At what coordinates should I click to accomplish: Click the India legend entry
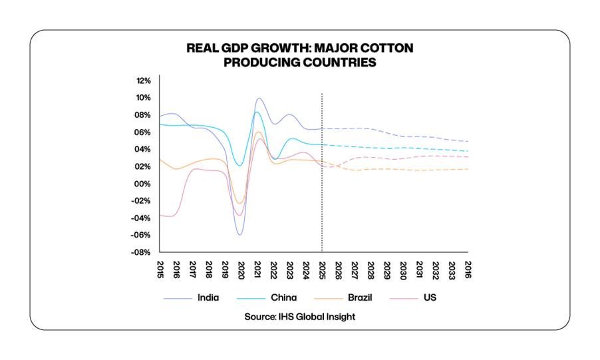(x=208, y=298)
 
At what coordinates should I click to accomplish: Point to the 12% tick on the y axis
(x=144, y=81)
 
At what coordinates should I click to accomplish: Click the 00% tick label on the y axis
(x=143, y=184)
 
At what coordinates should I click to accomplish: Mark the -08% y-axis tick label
(x=142, y=253)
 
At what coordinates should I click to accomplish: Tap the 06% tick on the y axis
(x=144, y=132)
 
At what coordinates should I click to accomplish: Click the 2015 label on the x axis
(x=160, y=270)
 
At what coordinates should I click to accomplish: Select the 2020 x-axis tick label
(x=241, y=270)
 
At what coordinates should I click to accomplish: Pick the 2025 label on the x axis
(x=322, y=270)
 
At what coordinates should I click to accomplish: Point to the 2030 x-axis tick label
(x=403, y=270)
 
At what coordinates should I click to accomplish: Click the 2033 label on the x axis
(x=452, y=270)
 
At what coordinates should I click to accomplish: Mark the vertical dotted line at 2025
(x=322, y=173)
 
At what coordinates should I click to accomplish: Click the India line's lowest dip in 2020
(x=239, y=234)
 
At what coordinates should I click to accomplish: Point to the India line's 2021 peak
(x=259, y=98)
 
